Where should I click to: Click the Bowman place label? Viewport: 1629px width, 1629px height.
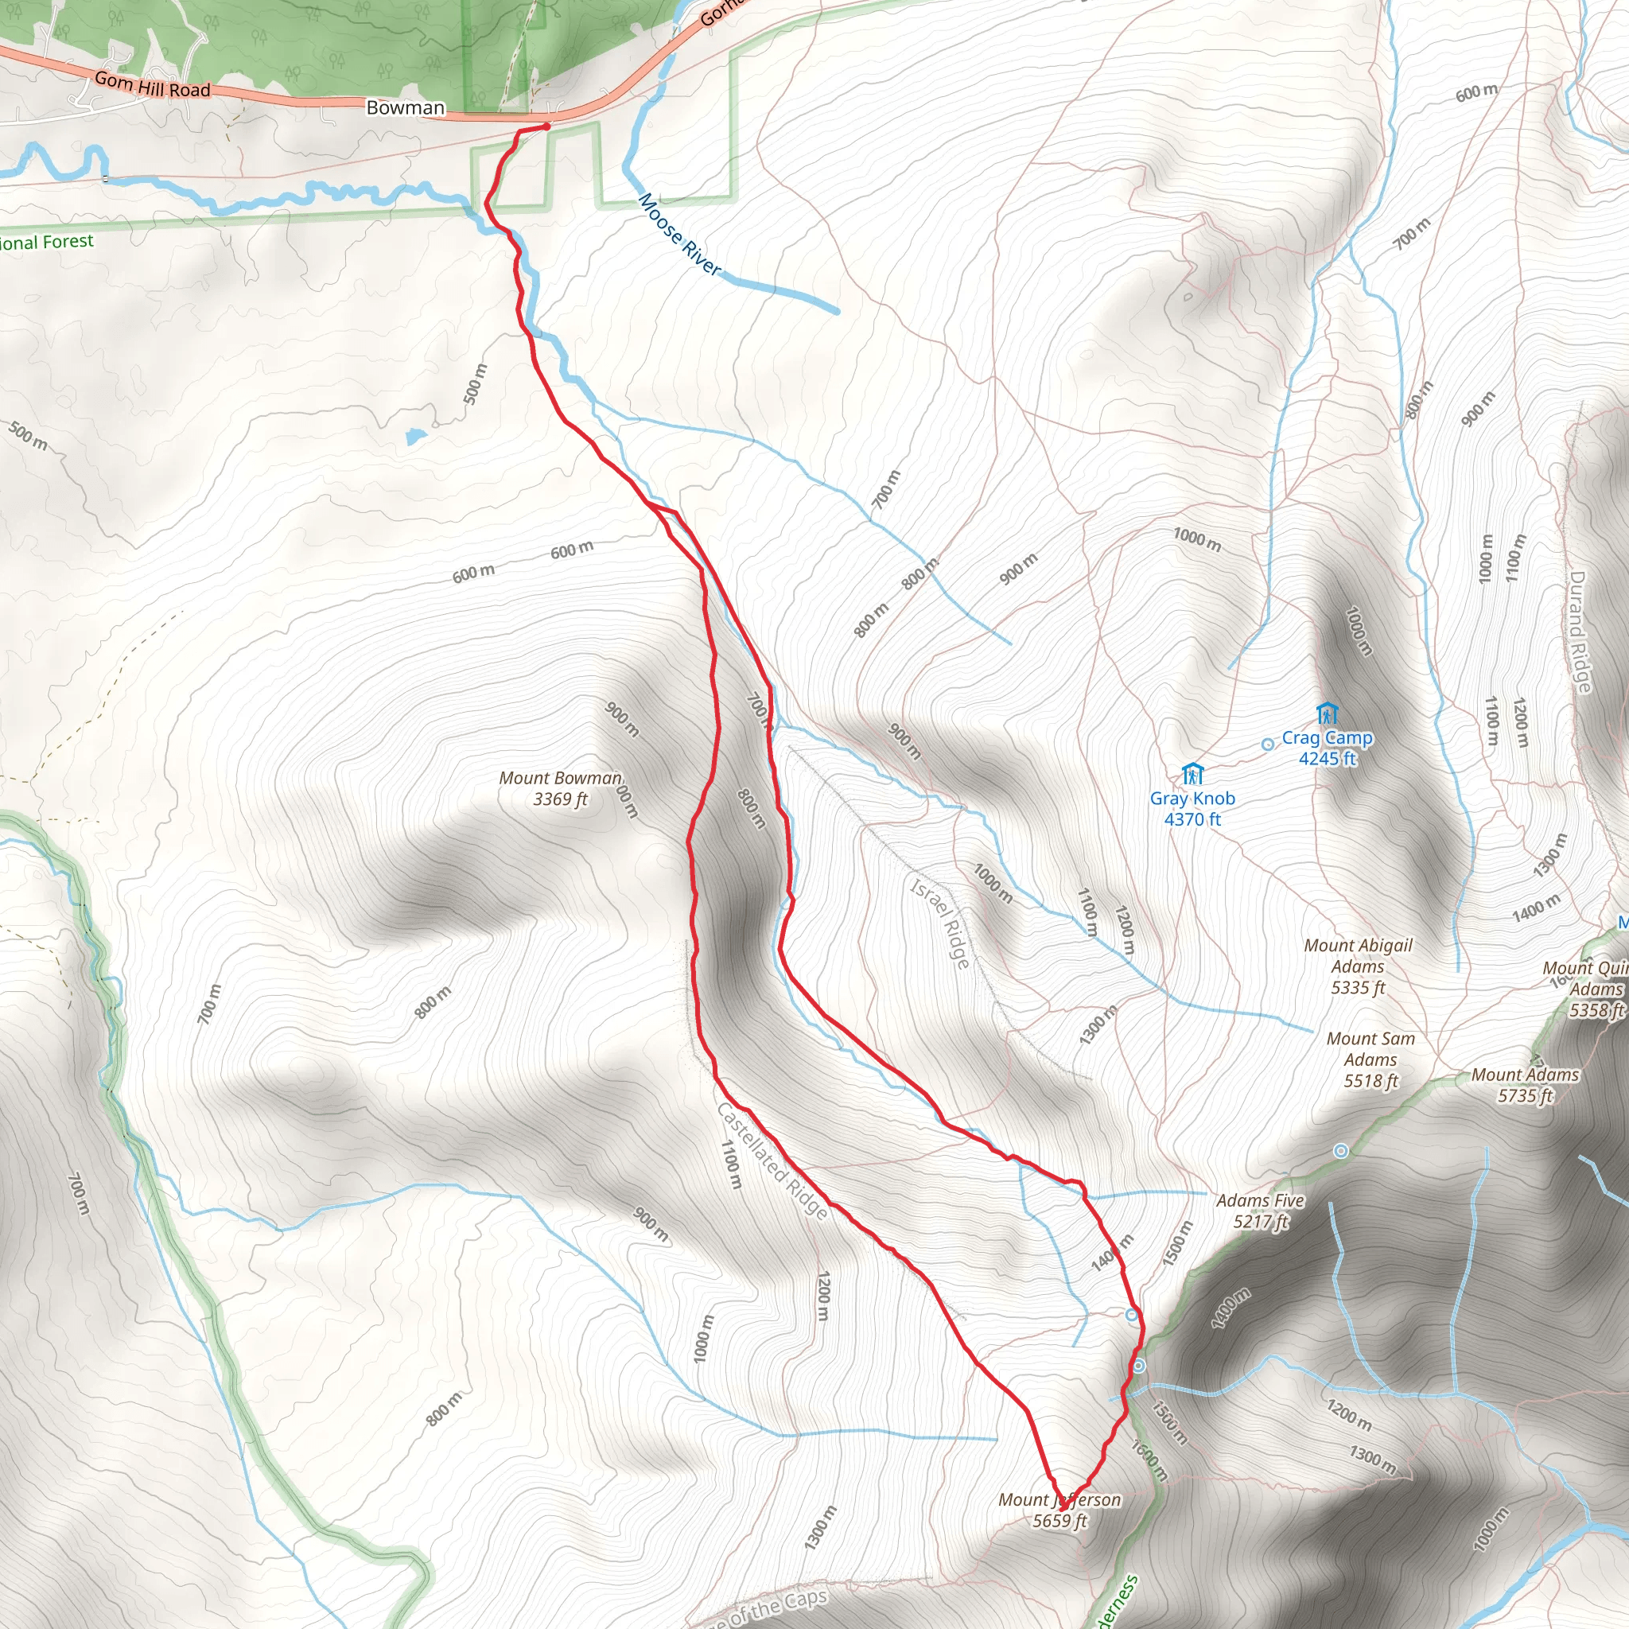(x=405, y=108)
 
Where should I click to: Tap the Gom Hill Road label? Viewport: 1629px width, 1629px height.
(x=152, y=85)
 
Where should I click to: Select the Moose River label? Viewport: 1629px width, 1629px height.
(x=678, y=235)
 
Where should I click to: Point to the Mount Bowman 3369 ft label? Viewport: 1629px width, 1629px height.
(x=560, y=788)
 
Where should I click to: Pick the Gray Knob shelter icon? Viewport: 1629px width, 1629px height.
(x=1192, y=773)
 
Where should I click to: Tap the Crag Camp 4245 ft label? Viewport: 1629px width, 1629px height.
(x=1328, y=748)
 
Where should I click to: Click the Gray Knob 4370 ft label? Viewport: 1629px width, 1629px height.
(x=1192, y=809)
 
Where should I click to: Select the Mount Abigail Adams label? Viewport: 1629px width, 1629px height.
(x=1358, y=966)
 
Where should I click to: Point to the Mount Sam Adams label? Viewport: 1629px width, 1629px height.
(x=1370, y=1059)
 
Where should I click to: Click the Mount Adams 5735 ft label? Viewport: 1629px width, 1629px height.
(x=1525, y=1085)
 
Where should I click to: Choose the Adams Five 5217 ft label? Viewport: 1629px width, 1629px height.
(x=1260, y=1211)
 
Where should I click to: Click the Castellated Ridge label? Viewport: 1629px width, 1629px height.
(x=772, y=1161)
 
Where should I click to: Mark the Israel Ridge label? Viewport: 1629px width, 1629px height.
(x=941, y=923)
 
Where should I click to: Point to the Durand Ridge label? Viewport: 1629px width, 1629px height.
(x=1579, y=632)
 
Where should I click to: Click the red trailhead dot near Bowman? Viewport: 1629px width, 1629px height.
(x=546, y=126)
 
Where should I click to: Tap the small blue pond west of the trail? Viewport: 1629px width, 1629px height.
(x=414, y=436)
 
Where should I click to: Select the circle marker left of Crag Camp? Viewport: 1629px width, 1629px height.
(x=1267, y=745)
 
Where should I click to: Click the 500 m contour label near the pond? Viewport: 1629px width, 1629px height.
(x=476, y=383)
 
